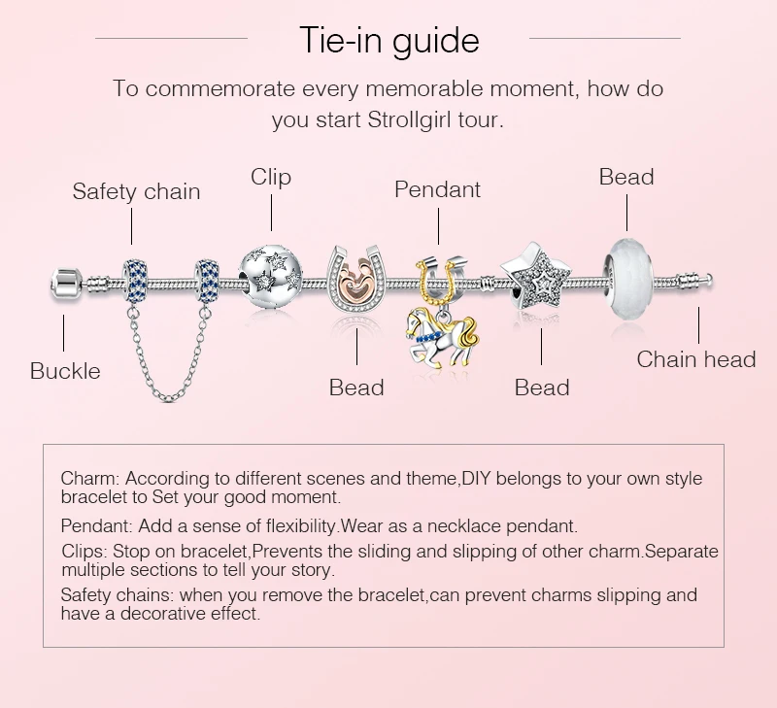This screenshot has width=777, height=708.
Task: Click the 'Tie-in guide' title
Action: coord(389,41)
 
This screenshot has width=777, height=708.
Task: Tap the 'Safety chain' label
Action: coord(136,191)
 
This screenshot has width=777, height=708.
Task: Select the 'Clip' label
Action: coord(271,177)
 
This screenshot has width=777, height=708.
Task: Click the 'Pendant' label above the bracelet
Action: coord(438,189)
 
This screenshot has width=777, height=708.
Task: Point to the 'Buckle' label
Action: coord(65,371)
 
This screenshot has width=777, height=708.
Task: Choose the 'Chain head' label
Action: coord(696,359)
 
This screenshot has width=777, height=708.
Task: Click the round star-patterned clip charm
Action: coord(271,277)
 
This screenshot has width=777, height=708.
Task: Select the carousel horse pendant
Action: coord(442,338)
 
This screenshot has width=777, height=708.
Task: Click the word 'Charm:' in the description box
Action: coord(90,479)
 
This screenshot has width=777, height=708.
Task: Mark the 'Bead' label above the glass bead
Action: coord(626,177)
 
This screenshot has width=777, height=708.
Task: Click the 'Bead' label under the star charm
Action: coord(542,388)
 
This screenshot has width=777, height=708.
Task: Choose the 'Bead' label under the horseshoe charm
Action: coord(356,388)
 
